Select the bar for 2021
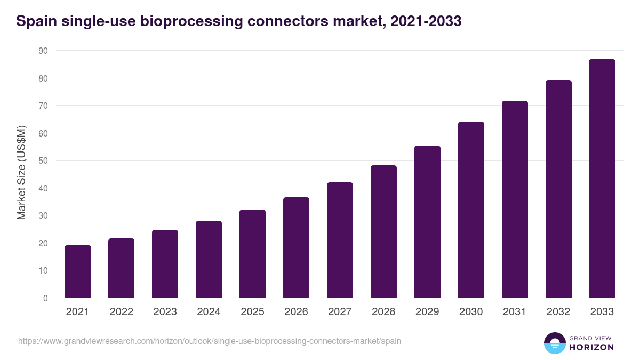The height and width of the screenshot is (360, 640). [78, 271]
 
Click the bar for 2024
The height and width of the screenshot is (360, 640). [209, 259]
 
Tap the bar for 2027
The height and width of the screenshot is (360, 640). [340, 240]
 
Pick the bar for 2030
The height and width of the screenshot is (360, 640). [471, 210]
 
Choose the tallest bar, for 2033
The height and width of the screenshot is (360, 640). [602, 179]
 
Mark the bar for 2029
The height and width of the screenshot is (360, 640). [427, 222]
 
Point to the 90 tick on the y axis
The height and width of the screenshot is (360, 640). [43, 51]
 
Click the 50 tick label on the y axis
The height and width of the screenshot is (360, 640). [43, 161]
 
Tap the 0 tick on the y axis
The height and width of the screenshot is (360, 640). [45, 298]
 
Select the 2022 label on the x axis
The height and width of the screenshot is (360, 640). [122, 312]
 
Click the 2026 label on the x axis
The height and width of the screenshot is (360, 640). [296, 312]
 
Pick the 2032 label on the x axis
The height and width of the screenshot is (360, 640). [558, 312]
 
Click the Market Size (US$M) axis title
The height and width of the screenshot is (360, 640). [21, 172]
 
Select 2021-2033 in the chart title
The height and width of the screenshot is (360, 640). [426, 22]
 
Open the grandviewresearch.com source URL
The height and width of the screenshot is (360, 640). [210, 341]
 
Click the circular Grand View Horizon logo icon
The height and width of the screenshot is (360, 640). [554, 343]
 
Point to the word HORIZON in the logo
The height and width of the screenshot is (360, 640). [591, 347]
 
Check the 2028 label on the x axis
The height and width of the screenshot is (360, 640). [383, 312]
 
